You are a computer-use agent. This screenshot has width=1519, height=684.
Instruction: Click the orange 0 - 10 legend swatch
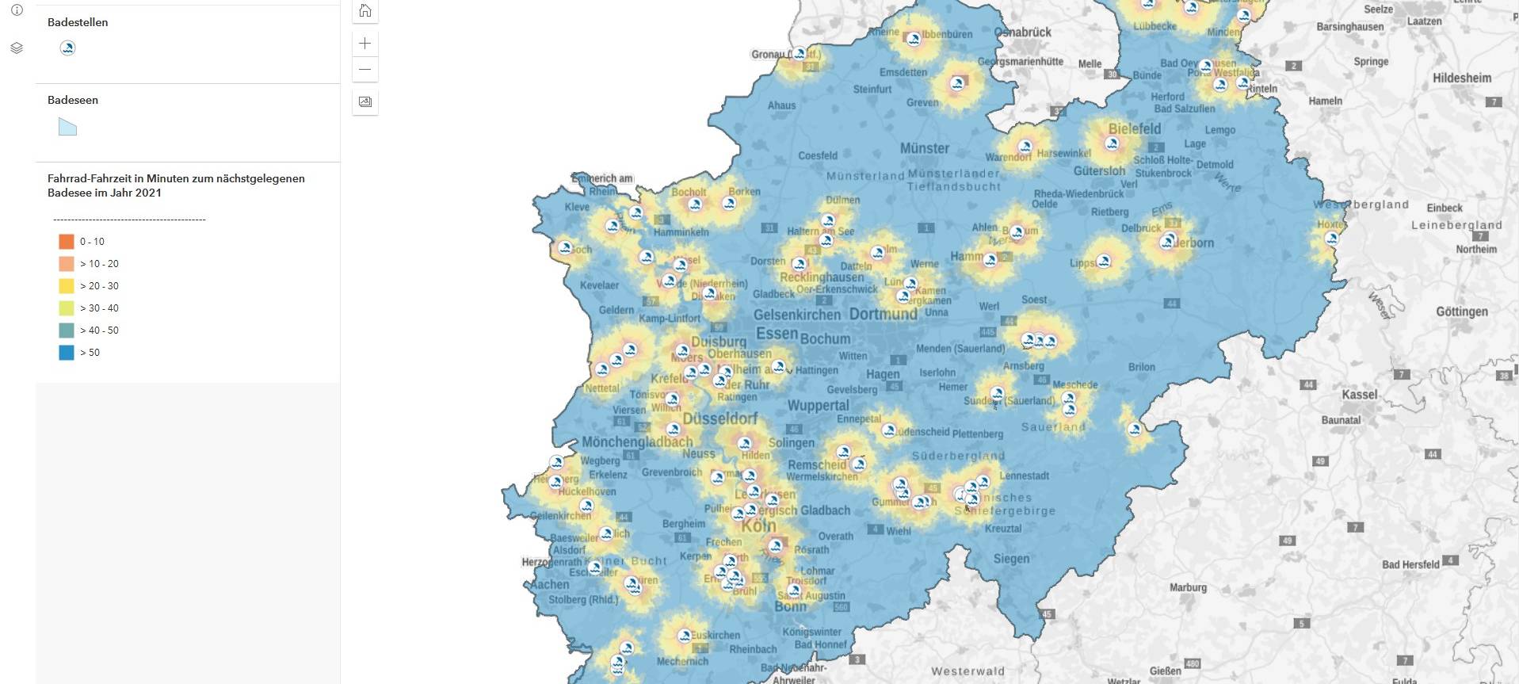(67, 242)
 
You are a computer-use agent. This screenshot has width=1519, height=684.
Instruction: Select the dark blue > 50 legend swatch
(67, 353)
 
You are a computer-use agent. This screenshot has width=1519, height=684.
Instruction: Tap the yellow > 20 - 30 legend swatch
(67, 286)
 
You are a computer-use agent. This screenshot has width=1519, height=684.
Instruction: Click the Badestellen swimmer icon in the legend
(67, 48)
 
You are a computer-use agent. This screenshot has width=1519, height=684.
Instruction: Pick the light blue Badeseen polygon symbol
(67, 127)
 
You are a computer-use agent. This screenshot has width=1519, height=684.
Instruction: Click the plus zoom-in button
(365, 44)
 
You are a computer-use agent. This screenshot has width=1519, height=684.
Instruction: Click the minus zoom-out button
(365, 70)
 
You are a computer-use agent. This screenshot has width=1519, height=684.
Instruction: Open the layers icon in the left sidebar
(17, 48)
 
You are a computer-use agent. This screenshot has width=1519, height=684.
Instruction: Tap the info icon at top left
(17, 10)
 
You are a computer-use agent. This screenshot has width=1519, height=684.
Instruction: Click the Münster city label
(924, 148)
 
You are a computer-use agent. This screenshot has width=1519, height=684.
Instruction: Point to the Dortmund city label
(883, 314)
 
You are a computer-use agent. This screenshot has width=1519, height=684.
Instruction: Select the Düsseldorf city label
(719, 418)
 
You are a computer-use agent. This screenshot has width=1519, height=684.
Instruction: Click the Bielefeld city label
(1134, 128)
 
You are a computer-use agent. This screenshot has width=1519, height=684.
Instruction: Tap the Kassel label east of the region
(1360, 395)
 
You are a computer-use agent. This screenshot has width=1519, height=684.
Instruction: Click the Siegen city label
(1011, 559)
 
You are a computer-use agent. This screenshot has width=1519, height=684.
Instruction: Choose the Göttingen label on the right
(1461, 311)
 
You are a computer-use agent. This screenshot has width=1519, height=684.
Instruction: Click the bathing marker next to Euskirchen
(685, 635)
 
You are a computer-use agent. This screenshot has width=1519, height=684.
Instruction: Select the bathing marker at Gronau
(800, 54)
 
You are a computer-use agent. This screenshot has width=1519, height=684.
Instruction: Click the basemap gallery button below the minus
(365, 101)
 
